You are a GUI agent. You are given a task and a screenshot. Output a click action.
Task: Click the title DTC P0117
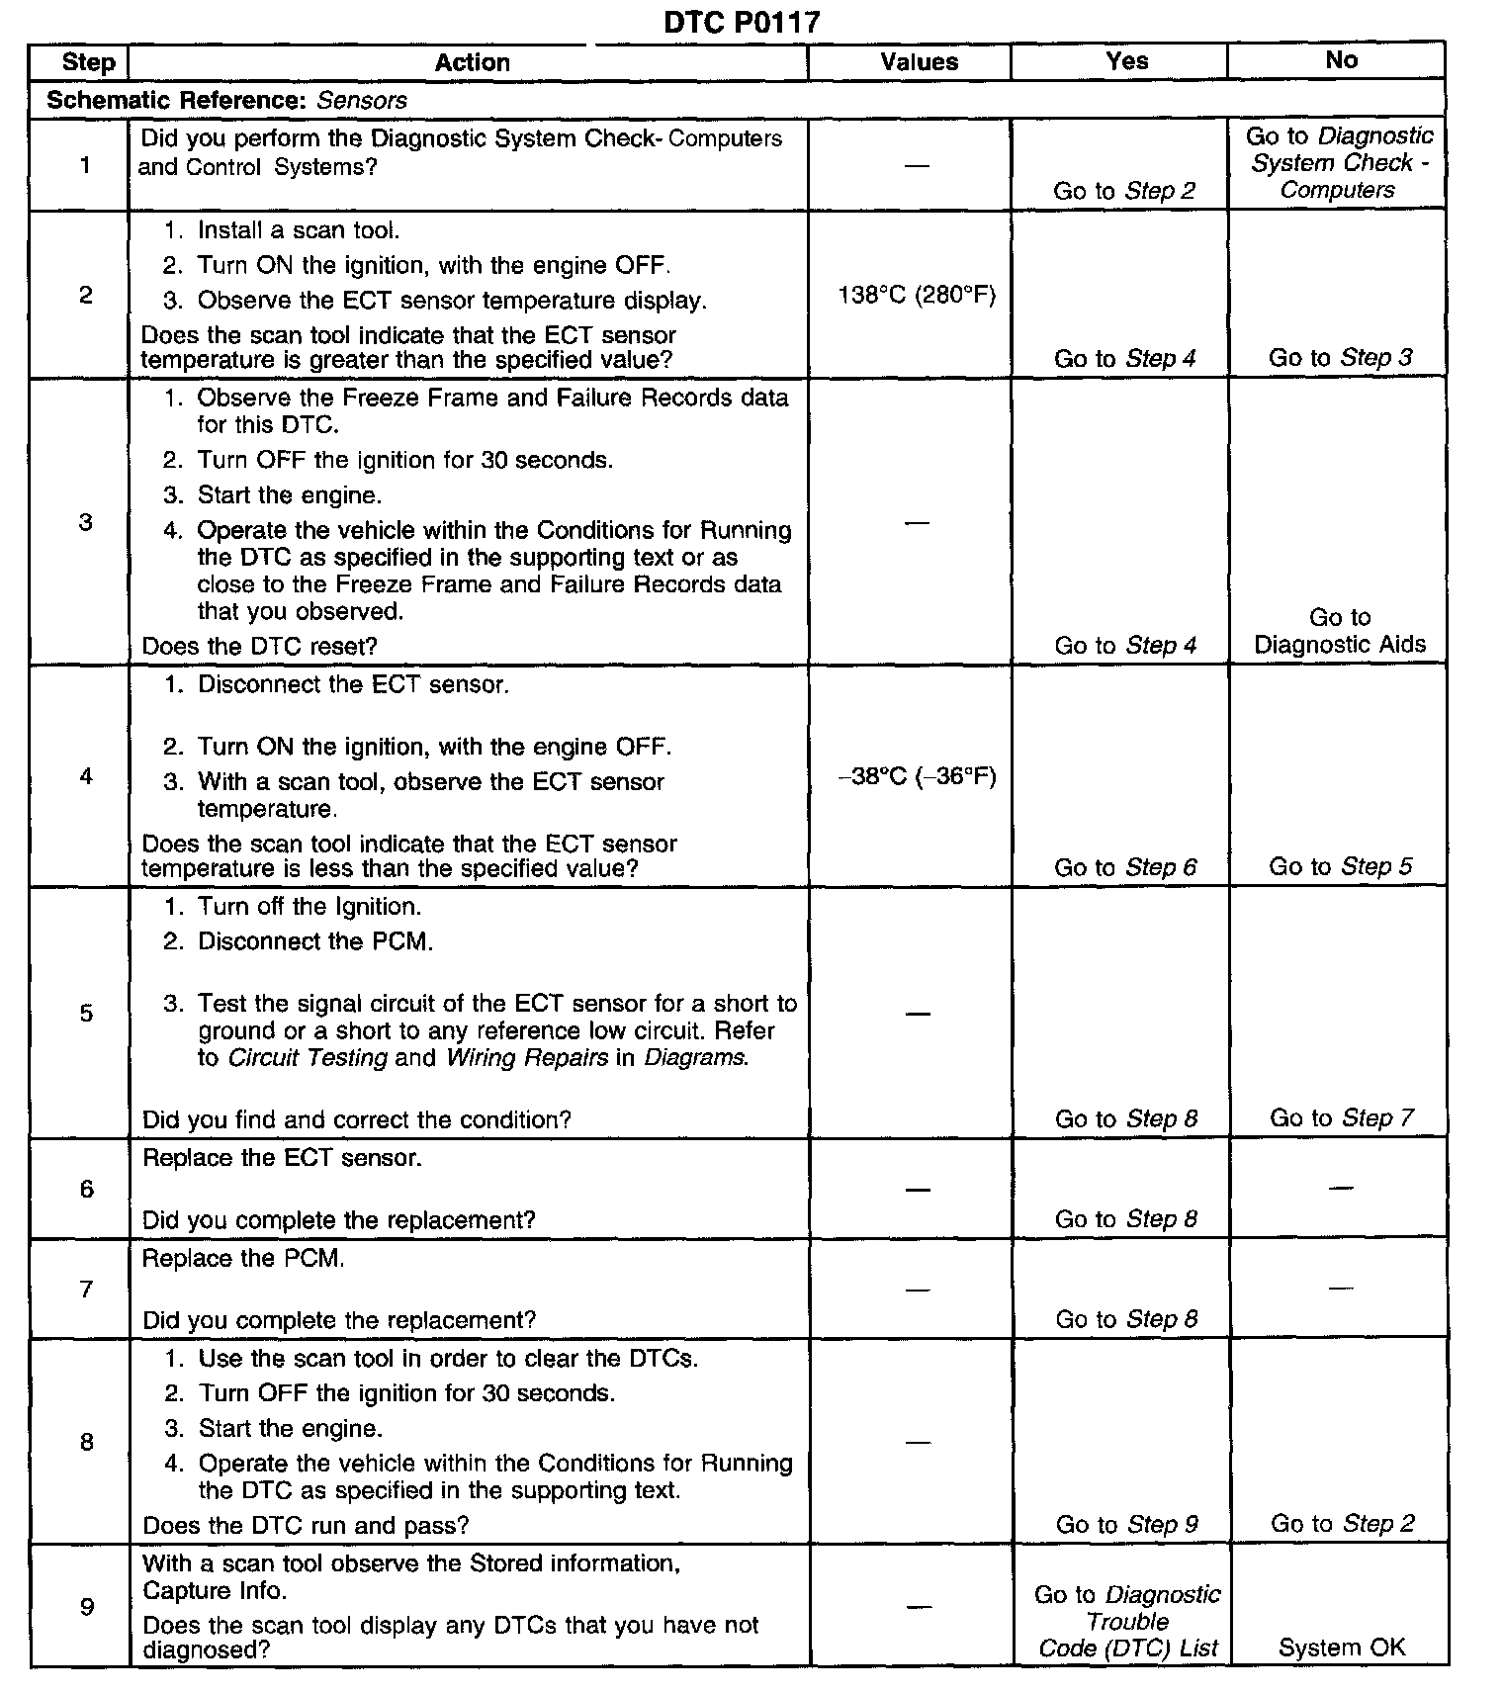[x=742, y=22]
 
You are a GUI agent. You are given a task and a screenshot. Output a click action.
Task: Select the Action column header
[x=472, y=62]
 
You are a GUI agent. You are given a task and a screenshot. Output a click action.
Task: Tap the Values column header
[x=919, y=62]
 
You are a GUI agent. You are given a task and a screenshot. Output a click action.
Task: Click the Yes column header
[x=1126, y=61]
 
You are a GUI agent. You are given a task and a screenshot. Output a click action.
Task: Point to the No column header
[x=1340, y=60]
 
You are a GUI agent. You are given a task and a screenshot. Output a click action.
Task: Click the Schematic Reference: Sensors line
[x=226, y=100]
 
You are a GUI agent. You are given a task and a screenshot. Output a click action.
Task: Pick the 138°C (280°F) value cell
[x=917, y=295]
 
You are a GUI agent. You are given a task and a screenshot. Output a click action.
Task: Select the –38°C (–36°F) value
[x=917, y=776]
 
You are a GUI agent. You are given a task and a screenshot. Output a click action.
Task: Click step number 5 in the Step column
[x=86, y=1013]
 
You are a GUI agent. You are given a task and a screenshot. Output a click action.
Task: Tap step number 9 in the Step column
[x=86, y=1606]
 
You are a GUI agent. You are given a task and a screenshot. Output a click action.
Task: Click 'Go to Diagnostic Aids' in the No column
[x=1340, y=631]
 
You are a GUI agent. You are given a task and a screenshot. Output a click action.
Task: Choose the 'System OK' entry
[x=1341, y=1647]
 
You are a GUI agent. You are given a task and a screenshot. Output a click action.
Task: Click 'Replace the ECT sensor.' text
[x=282, y=1158]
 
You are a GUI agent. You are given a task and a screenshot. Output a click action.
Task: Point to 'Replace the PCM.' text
[x=243, y=1259]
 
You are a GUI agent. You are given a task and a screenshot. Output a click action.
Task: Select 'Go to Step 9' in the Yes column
[x=1126, y=1524]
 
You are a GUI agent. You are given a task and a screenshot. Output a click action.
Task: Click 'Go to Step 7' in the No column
[x=1341, y=1118]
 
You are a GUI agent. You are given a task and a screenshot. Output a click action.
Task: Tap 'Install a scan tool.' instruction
[x=298, y=230]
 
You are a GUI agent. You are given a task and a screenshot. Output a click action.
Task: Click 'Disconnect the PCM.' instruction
[x=314, y=941]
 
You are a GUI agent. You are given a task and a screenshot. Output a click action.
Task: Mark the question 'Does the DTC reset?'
[x=259, y=646]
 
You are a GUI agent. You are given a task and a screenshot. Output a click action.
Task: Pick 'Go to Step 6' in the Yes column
[x=1125, y=867]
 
